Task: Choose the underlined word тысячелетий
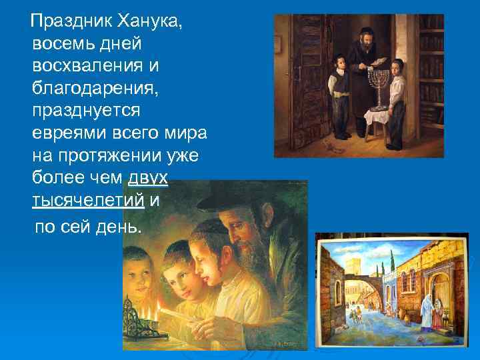(89, 199)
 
